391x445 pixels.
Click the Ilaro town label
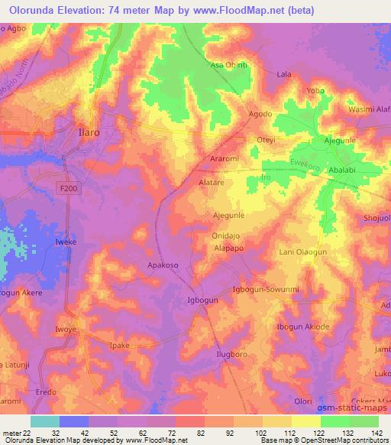click(95, 132)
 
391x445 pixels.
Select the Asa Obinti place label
click(230, 66)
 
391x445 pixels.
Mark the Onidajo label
click(228, 237)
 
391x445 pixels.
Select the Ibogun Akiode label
click(303, 326)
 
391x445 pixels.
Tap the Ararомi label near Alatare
click(225, 158)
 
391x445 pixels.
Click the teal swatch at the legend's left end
click(44, 421)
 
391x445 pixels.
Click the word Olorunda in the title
click(39, 11)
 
